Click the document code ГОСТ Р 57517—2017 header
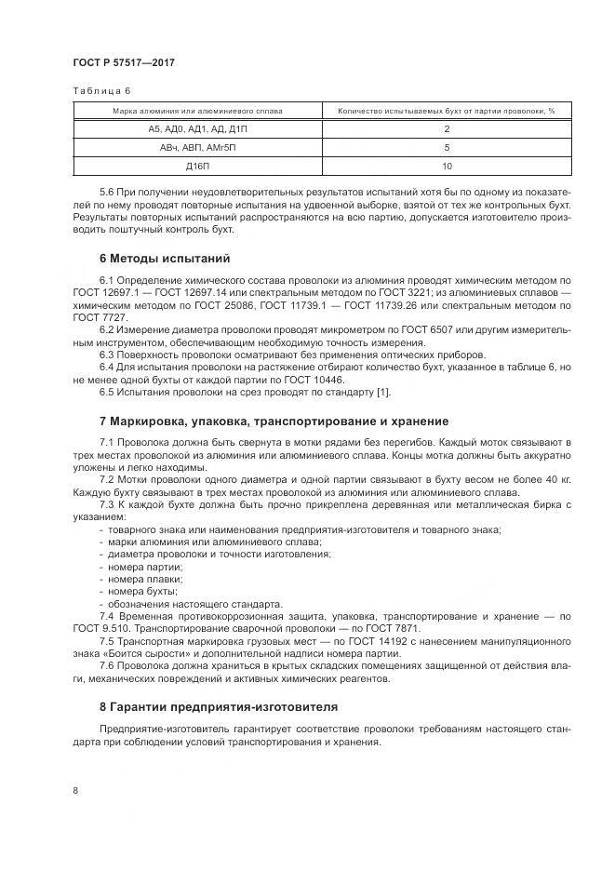point(123,62)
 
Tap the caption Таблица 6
point(102,91)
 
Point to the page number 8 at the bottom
point(74,791)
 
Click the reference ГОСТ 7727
point(92,316)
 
